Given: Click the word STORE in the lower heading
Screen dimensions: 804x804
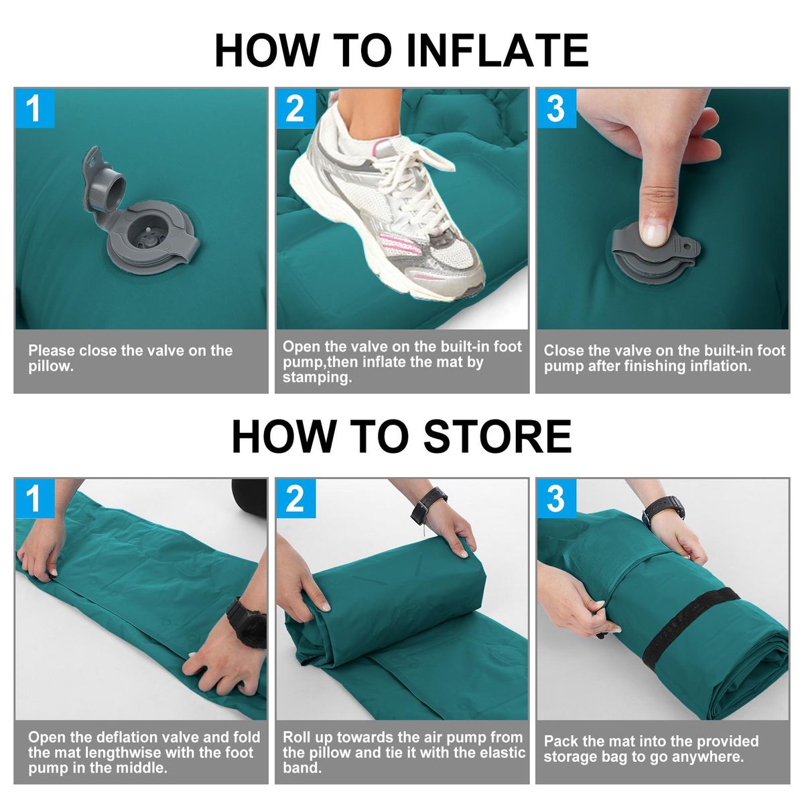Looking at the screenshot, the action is click(x=497, y=436).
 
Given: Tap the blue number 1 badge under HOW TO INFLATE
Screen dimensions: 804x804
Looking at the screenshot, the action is click(x=34, y=108).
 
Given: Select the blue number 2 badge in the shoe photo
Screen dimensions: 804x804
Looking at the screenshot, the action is click(x=295, y=108).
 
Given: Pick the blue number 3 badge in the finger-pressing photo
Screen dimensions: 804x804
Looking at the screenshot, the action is click(x=556, y=108).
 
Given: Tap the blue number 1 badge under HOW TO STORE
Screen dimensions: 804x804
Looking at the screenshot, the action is click(x=34, y=498).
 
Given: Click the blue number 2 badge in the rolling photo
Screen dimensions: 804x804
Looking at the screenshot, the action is click(x=295, y=498).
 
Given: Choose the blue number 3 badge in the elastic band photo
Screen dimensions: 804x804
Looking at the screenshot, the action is click(x=556, y=498).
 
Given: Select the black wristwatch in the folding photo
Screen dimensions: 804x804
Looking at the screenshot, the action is click(x=246, y=622).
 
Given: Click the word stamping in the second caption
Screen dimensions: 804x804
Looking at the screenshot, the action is click(x=317, y=378).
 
